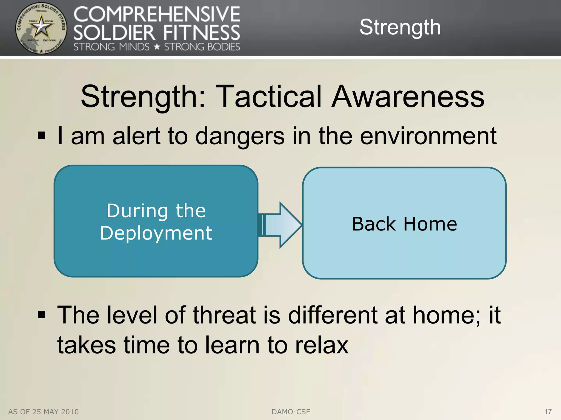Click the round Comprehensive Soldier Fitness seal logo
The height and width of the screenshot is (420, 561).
pyautogui.click(x=41, y=28)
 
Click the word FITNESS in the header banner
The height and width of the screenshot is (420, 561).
pyautogui.click(x=202, y=33)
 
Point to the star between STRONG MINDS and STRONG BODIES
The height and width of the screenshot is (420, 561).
pyautogui.click(x=157, y=47)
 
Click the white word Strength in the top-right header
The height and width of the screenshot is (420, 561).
pyautogui.click(x=400, y=27)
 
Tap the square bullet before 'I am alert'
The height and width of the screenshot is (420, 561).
pyautogui.click(x=41, y=135)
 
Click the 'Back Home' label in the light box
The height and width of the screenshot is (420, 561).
pyautogui.click(x=404, y=224)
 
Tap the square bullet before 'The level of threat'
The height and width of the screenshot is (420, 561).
pyautogui.click(x=41, y=315)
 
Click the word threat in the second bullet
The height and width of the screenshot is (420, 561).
pyautogui.click(x=224, y=315)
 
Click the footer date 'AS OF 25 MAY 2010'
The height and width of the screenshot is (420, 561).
pyautogui.click(x=43, y=412)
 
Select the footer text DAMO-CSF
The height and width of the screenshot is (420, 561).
pyautogui.click(x=291, y=412)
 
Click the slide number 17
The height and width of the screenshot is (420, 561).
pyautogui.click(x=548, y=412)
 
